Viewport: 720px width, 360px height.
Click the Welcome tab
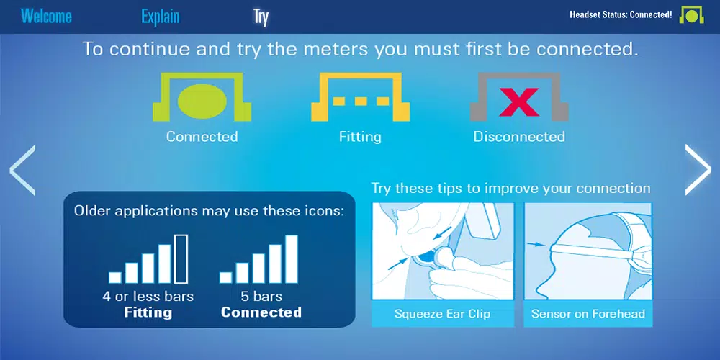coord(46,17)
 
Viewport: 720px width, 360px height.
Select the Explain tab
coord(161,17)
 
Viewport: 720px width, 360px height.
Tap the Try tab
coord(261,17)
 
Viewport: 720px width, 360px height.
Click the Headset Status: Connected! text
coord(621,14)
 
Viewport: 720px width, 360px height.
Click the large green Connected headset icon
coord(202,97)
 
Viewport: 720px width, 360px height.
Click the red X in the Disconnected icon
coord(519,102)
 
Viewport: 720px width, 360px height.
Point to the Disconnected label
coord(519,137)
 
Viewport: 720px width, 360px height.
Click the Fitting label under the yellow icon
coord(360,137)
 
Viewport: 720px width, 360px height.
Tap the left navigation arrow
coord(22,170)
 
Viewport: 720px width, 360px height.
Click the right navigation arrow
coord(698,170)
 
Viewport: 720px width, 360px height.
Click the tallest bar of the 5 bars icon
coord(292,259)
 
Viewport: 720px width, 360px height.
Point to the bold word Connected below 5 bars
coord(261,312)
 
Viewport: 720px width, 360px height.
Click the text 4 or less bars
coord(148,296)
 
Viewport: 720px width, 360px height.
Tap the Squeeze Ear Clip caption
coord(442,314)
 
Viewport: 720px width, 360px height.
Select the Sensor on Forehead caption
coord(588,314)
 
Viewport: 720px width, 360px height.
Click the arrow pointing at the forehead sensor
coord(535,246)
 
